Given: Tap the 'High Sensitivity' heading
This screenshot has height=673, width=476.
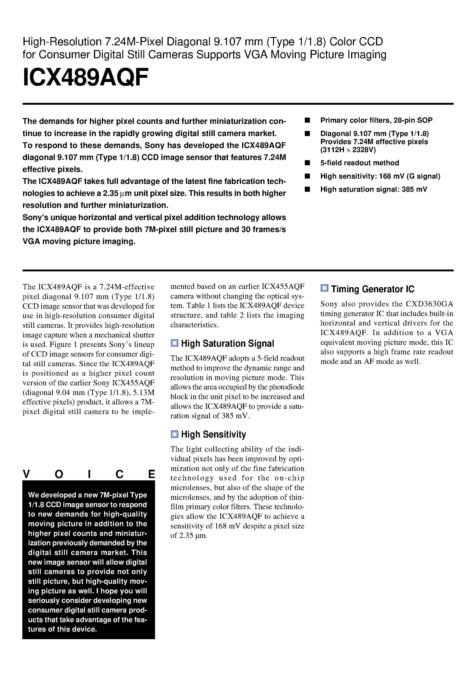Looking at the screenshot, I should (x=213, y=434).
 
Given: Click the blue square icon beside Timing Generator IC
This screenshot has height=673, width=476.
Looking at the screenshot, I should (x=324, y=288).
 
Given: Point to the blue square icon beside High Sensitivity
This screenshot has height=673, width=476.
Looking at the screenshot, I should (x=174, y=434).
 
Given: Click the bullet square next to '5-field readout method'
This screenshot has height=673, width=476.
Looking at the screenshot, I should (x=307, y=163).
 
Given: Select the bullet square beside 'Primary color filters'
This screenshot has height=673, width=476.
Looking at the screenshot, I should (x=307, y=120).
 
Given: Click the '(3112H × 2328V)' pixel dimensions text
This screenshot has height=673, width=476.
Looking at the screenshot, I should (x=348, y=150).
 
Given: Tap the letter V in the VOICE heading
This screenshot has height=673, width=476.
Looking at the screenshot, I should (x=26, y=474).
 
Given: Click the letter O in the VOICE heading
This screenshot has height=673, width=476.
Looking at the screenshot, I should (x=59, y=474).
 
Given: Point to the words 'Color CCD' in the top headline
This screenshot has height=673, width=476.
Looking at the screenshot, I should (x=356, y=42).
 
